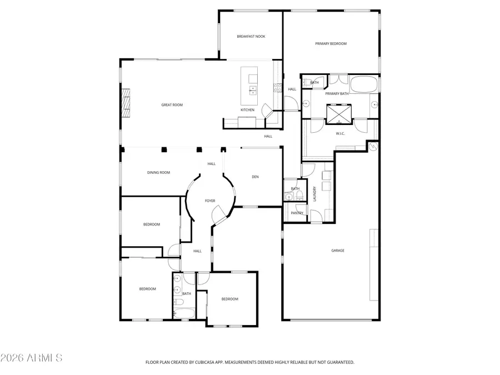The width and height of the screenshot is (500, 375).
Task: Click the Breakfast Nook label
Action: [x=251, y=37]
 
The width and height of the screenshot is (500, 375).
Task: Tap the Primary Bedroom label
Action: [x=331, y=43]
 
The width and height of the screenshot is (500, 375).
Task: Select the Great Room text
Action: [x=172, y=104]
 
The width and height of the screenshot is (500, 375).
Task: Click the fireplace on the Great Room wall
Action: [x=127, y=104]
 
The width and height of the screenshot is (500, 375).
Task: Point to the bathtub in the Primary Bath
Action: [x=365, y=85]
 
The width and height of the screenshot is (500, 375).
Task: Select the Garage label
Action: [x=338, y=251]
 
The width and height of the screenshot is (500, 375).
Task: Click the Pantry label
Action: [x=297, y=213]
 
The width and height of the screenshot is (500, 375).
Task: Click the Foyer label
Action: [x=210, y=201]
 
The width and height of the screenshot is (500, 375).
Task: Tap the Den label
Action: [x=255, y=177]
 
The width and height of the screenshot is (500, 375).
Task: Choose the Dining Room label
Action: [x=158, y=173]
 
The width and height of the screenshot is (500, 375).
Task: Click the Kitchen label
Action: [x=247, y=110]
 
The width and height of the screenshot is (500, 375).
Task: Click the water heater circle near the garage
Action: [x=373, y=147]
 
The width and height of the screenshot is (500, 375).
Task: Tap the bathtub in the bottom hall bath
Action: [x=184, y=314]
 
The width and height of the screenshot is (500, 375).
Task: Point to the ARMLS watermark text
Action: [x=32, y=357]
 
